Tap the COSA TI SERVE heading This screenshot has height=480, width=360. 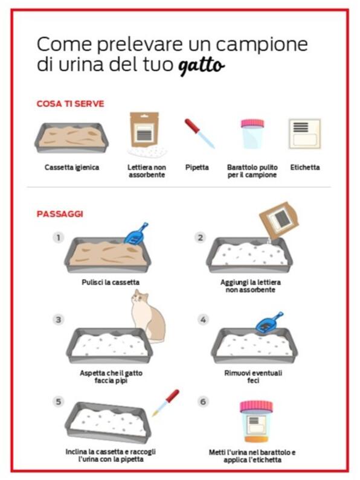[71, 104]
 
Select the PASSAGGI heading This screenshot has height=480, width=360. [60, 214]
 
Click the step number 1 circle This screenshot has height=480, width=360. [58, 237]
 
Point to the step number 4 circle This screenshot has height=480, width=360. [203, 320]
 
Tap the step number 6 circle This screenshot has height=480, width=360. [203, 402]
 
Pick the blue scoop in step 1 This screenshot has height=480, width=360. [136, 234]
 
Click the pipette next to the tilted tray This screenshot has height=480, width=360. [166, 403]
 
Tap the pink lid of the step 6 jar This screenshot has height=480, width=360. [256, 406]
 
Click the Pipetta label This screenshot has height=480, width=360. [197, 167]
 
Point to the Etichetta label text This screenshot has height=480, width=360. [305, 167]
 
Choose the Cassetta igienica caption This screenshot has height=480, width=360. [72, 167]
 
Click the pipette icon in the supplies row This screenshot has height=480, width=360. [199, 134]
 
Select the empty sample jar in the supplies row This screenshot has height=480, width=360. [252, 134]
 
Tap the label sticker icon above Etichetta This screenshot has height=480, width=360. [304, 133]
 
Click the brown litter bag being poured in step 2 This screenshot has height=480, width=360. [279, 220]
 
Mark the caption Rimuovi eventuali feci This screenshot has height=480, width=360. [253, 377]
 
